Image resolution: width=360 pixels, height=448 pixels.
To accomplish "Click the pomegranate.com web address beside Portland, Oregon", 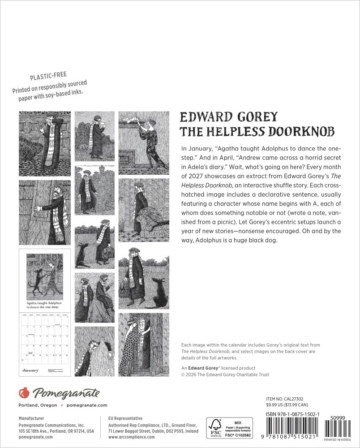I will (x=86, y=405).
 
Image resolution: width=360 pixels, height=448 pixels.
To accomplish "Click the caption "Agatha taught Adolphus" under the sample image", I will (x=44, y=303).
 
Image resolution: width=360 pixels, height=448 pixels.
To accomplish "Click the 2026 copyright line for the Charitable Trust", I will (x=225, y=375).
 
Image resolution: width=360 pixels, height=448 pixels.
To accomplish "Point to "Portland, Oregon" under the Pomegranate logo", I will (x=38, y=405).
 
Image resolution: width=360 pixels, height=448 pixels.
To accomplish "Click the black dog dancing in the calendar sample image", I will (x=36, y=278).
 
